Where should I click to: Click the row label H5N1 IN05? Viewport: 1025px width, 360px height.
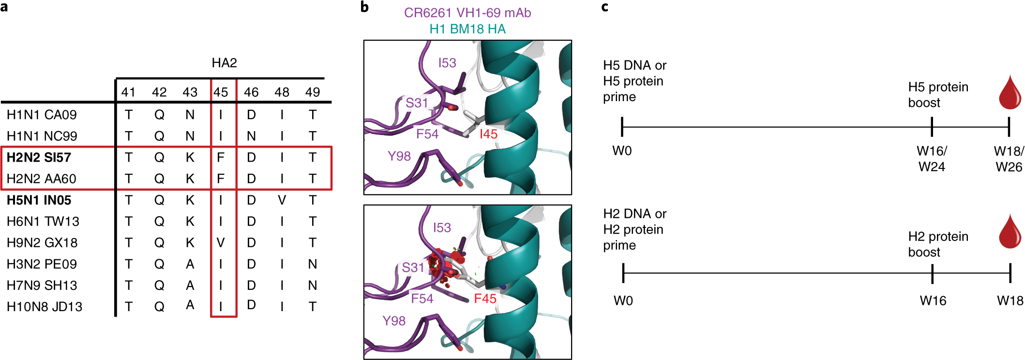(39, 200)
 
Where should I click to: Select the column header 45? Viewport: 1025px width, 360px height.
(221, 92)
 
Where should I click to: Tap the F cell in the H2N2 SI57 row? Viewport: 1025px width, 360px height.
(221, 158)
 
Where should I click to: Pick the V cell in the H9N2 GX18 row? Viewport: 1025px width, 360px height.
(221, 243)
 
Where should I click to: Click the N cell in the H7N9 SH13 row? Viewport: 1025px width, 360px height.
(313, 285)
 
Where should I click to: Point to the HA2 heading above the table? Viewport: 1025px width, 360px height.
(224, 63)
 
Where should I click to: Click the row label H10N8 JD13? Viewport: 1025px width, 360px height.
(44, 307)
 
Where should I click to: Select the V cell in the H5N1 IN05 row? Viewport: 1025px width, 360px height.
(282, 200)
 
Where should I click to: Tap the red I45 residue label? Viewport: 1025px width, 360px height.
(488, 134)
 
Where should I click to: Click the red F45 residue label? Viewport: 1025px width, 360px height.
(485, 299)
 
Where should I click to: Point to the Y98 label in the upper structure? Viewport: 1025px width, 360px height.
(399, 156)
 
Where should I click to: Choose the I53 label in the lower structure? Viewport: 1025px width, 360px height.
(442, 227)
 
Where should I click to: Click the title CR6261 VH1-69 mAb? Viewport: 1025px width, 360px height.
(467, 13)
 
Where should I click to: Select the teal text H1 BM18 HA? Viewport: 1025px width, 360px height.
(467, 29)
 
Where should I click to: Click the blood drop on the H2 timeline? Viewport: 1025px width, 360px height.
(1010, 232)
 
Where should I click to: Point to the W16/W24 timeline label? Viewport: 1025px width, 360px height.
(932, 159)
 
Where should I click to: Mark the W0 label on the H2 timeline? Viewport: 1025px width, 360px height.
(623, 301)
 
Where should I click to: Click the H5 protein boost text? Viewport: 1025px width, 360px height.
(938, 95)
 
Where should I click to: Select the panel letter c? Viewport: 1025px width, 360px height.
(604, 7)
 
